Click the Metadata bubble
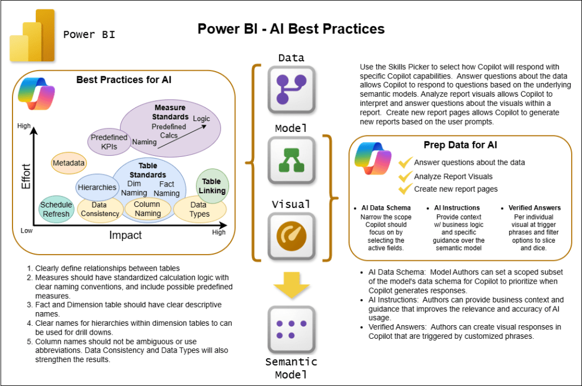click(69, 163)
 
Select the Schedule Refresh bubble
click(56, 209)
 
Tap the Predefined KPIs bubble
click(109, 142)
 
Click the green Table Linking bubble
click(212, 186)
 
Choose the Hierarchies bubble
click(97, 187)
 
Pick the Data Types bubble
click(199, 209)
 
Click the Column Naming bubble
click(147, 209)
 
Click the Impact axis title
click(127, 234)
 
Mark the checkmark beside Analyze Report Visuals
click(405, 176)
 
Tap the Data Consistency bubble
click(100, 209)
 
